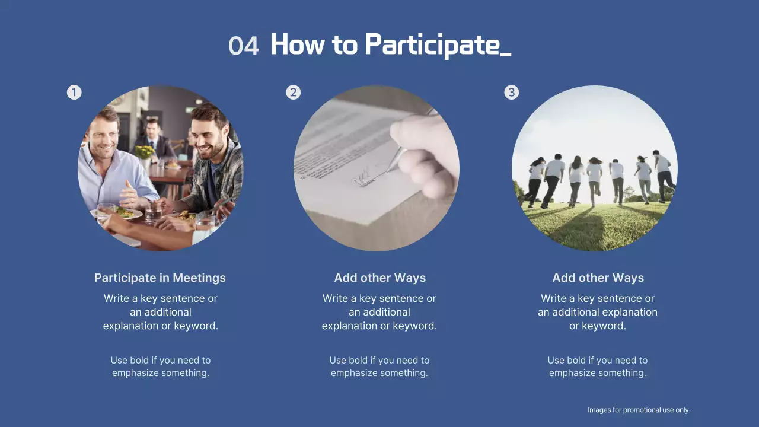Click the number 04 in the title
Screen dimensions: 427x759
(244, 46)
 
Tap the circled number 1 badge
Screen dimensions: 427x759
(74, 92)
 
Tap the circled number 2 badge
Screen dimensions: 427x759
(293, 92)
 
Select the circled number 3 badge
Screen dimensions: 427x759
(511, 92)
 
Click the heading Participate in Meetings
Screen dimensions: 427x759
(160, 278)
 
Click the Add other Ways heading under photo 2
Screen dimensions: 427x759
(379, 278)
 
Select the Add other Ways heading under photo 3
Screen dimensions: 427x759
(598, 278)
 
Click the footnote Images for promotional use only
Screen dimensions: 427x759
(639, 410)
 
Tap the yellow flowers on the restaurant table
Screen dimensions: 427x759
(144, 152)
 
